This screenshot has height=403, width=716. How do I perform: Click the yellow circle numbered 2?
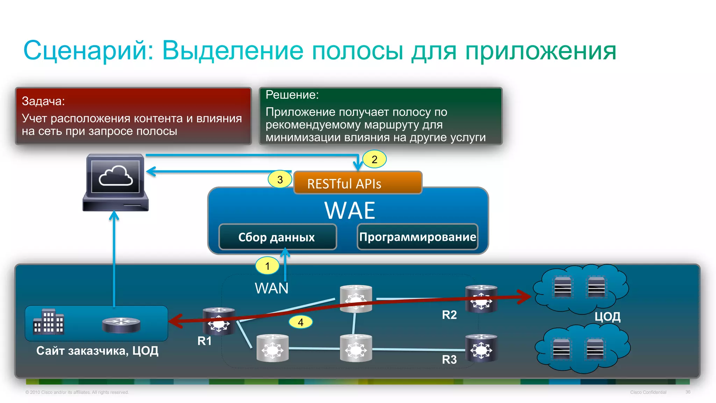click(x=374, y=159)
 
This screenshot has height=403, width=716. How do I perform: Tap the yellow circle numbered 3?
click(x=280, y=180)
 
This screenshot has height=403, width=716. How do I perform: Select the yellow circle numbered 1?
click(x=267, y=266)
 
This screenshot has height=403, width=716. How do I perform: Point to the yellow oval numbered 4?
click(x=301, y=322)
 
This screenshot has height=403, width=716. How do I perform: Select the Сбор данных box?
click(x=277, y=237)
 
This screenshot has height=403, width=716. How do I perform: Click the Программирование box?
click(x=417, y=237)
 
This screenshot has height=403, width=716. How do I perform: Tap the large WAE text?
click(x=350, y=210)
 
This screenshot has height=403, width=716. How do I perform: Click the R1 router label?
click(x=205, y=341)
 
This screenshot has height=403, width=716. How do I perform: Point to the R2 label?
click(x=449, y=315)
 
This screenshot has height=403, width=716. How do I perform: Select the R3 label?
click(x=449, y=359)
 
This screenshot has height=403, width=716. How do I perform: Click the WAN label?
click(x=272, y=288)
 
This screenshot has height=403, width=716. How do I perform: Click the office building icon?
click(x=49, y=322)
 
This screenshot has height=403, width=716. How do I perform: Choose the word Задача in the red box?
click(x=43, y=101)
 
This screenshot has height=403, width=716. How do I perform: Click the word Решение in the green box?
click(x=292, y=95)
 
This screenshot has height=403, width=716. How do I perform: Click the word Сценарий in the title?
click(x=88, y=51)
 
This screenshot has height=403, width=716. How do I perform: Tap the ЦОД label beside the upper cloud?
click(x=607, y=317)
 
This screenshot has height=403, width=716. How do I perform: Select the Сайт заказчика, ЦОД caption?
click(x=97, y=351)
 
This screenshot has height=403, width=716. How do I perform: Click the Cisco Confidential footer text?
click(x=648, y=392)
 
